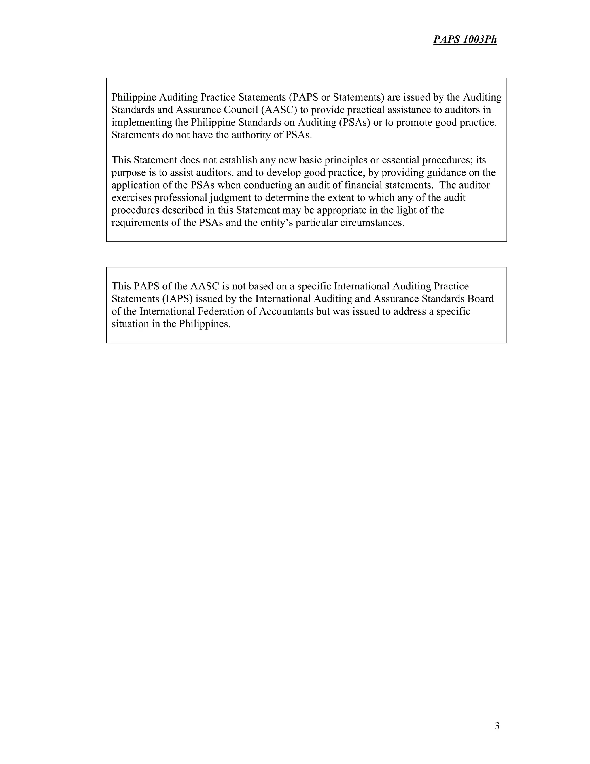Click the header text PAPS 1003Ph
tap(465, 39)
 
